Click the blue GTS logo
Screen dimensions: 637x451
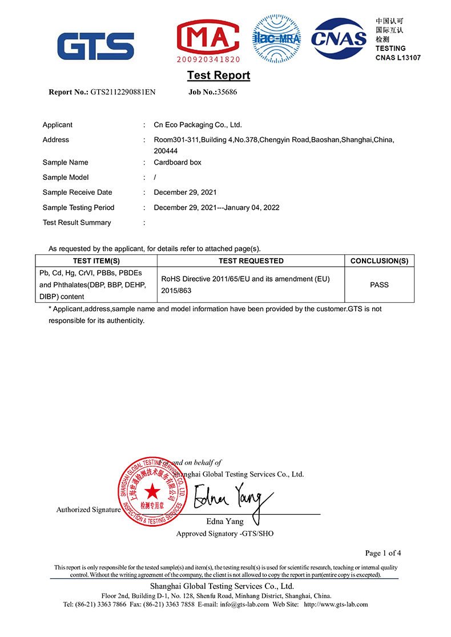[95, 46]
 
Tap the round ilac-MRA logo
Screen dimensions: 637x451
[276, 38]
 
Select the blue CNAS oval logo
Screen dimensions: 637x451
[339, 38]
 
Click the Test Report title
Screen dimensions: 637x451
[219, 75]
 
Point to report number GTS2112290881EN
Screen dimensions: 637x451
[123, 92]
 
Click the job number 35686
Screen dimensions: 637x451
[227, 92]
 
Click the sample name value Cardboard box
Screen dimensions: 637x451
[178, 162]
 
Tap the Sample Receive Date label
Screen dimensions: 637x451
[77, 193]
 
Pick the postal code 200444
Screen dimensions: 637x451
[166, 151]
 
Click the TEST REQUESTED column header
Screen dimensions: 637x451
[251, 261]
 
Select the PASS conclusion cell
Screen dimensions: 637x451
[379, 285]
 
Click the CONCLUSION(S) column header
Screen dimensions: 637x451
[379, 261]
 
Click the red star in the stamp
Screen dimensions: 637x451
[152, 491]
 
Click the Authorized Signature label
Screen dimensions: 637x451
[88, 510]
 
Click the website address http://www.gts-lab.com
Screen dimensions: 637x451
[336, 604]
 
